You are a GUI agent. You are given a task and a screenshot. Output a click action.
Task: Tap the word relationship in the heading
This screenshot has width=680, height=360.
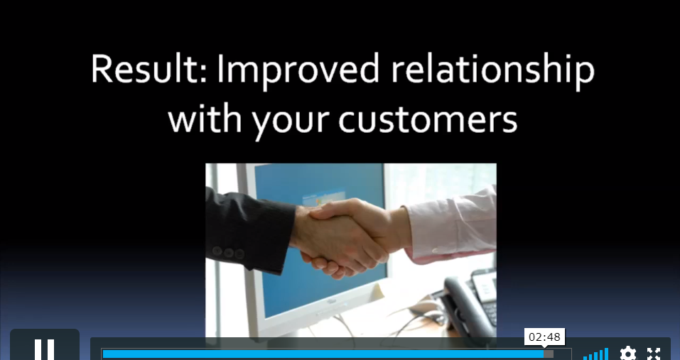click(x=492, y=70)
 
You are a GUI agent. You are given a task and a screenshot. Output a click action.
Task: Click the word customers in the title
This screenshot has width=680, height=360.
click(x=428, y=119)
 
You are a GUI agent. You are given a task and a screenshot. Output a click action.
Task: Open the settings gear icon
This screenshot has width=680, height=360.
click(x=627, y=354)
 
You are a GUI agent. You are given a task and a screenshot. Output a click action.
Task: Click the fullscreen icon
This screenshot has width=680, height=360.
click(x=654, y=354)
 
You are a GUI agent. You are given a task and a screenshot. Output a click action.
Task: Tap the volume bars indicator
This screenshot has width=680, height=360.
click(x=596, y=354)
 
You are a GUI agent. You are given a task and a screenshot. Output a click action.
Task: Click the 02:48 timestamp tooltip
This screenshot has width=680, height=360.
click(x=545, y=337)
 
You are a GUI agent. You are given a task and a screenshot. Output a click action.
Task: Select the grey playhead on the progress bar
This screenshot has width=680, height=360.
click(x=549, y=354)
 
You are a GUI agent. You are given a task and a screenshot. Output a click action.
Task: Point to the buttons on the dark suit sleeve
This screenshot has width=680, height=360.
click(x=228, y=253)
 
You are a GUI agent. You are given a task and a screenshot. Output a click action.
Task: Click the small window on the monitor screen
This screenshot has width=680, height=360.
click(x=323, y=197)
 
